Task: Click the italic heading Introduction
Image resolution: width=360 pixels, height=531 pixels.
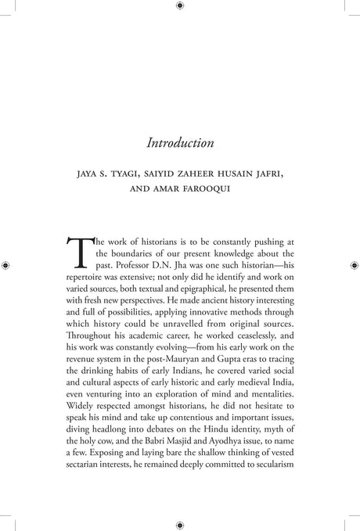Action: coord(180,143)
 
